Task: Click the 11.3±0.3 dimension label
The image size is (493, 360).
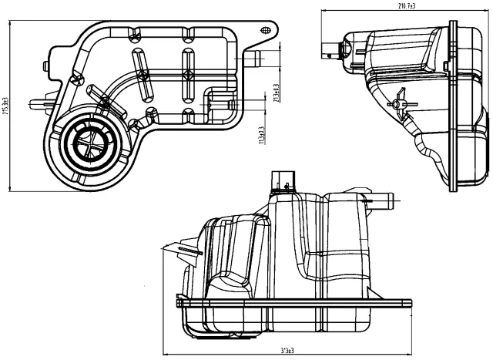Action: (261, 136)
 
